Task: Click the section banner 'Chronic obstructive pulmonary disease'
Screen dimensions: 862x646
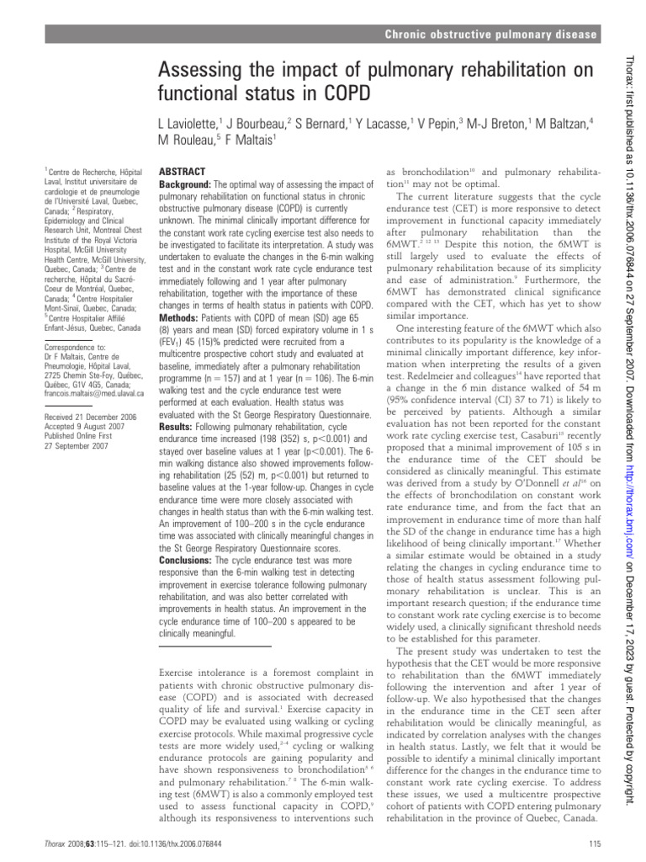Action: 490,35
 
